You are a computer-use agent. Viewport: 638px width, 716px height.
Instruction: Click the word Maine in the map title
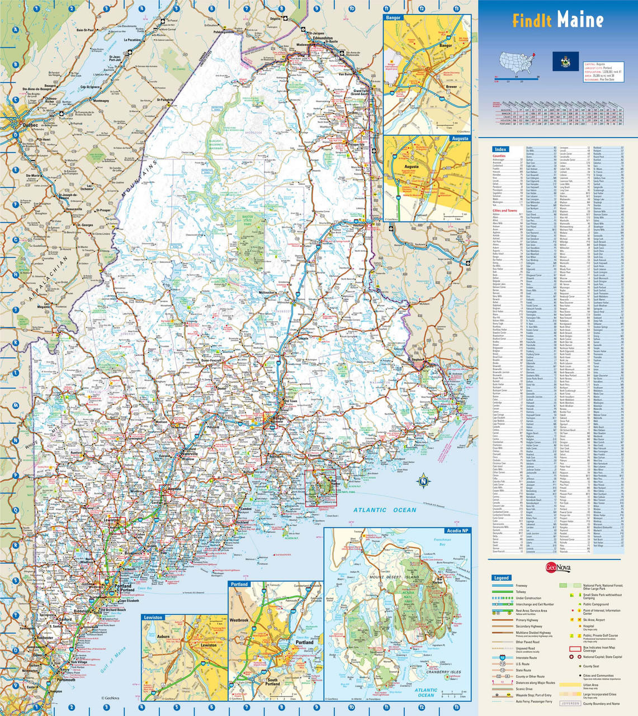click(579, 21)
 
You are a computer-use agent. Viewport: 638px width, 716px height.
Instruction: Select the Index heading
click(500, 149)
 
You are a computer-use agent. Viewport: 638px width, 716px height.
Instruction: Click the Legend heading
click(501, 578)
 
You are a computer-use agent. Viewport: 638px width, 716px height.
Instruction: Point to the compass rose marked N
click(423, 481)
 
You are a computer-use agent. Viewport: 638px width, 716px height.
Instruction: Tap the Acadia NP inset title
click(457, 530)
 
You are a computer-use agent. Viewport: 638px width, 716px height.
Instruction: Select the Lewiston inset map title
click(153, 618)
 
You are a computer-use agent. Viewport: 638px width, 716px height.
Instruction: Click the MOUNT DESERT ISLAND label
click(396, 576)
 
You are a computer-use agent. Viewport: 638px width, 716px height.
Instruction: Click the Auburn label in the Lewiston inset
click(163, 637)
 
